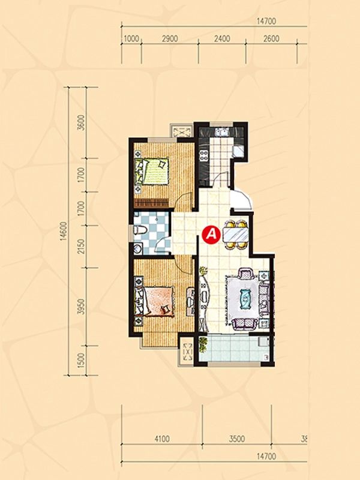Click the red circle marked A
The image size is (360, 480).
click(x=211, y=235)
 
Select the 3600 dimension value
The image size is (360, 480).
click(x=81, y=123)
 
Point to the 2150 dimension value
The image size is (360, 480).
click(x=81, y=247)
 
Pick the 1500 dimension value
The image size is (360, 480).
click(x=81, y=361)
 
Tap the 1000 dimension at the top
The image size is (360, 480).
click(x=131, y=39)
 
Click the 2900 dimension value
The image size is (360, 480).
click(x=170, y=39)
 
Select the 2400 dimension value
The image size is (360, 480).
click(x=222, y=39)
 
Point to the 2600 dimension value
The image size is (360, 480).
click(x=271, y=39)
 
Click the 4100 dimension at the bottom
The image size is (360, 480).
click(x=161, y=439)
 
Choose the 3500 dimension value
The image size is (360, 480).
click(x=237, y=439)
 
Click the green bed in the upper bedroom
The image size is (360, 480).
click(x=152, y=171)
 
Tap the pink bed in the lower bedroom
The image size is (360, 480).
click(x=155, y=301)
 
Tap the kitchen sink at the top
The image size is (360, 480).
click(x=222, y=132)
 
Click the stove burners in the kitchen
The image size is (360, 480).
click(x=203, y=155)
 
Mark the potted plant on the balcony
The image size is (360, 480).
click(x=203, y=344)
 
